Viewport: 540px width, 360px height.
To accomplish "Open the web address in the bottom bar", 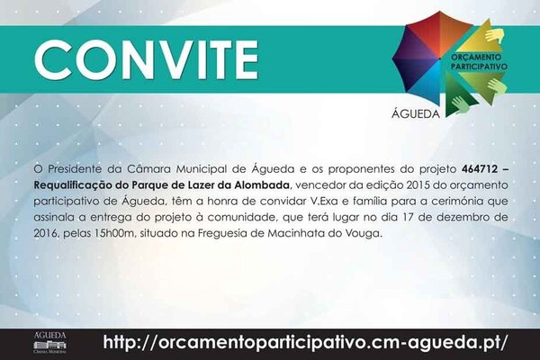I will [306, 342].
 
